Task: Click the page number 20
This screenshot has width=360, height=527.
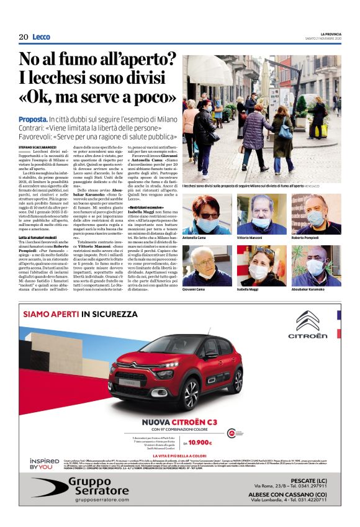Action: pos(24,37)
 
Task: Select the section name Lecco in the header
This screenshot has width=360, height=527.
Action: pos(42,37)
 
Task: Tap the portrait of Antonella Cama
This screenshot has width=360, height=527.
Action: pos(207,213)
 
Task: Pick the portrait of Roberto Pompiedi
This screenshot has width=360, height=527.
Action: pos(316,213)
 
